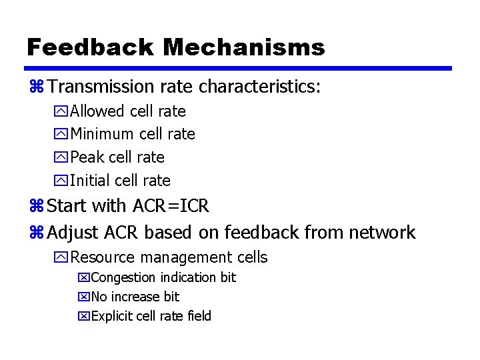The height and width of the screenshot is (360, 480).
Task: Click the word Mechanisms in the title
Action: pos(243,47)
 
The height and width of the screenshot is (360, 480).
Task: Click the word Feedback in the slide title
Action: pos(90,47)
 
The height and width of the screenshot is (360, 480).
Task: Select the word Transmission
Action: pos(101,87)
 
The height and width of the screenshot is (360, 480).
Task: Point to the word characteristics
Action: pos(259,87)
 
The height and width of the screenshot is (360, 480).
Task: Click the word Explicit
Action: pos(111,316)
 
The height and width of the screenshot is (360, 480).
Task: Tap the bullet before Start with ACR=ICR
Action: pos(37,207)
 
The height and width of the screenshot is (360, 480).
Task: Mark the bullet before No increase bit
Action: pos(83,297)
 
